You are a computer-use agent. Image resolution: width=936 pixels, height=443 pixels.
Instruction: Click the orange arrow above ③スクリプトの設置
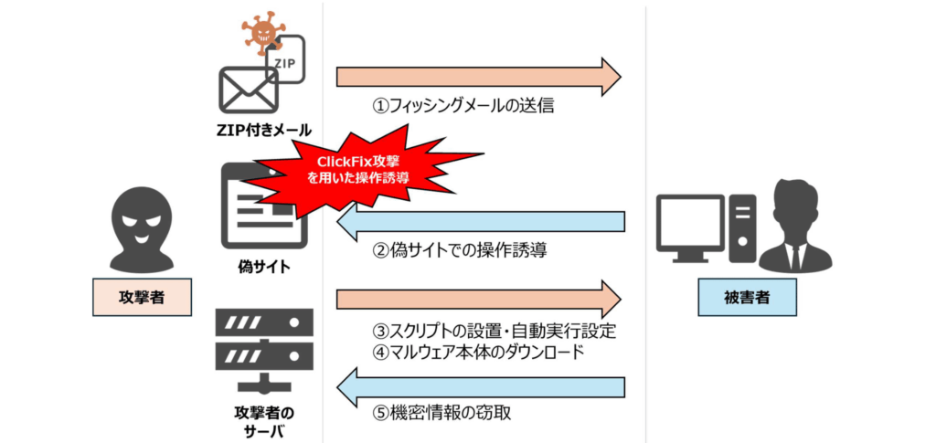(479, 299)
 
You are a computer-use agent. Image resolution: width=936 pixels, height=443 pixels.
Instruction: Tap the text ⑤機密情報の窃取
(441, 413)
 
